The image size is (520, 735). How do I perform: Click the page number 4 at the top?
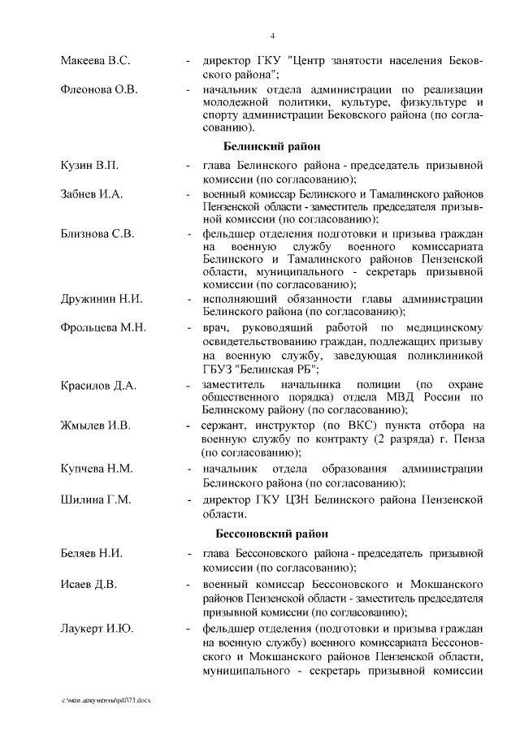click(272, 36)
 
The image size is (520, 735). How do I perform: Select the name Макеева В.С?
click(96, 61)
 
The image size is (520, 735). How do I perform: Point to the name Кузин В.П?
click(90, 166)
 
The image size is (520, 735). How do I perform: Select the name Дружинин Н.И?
click(102, 300)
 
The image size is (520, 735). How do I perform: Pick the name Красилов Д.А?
click(98, 385)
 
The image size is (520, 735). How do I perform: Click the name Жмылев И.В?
click(97, 425)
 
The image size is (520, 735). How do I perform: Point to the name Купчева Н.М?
click(97, 469)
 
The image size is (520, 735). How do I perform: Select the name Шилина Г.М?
click(96, 498)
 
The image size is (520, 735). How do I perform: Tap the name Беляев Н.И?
click(92, 554)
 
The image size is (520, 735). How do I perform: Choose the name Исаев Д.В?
click(89, 583)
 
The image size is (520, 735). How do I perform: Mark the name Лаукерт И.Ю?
click(97, 629)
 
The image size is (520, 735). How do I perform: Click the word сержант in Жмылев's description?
click(215, 425)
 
